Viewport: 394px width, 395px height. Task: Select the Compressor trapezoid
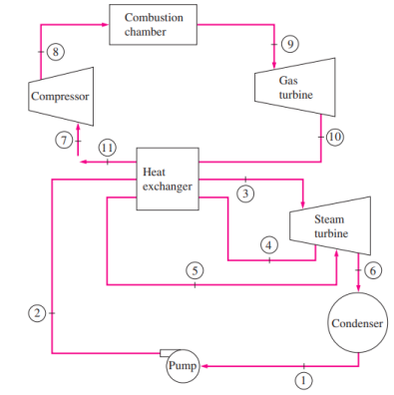coord(61,97)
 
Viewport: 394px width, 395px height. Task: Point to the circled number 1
coord(305,380)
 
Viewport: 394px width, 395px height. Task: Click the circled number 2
coord(36,313)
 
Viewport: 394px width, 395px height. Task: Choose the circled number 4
coord(267,244)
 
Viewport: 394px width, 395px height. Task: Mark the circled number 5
coord(196,270)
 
